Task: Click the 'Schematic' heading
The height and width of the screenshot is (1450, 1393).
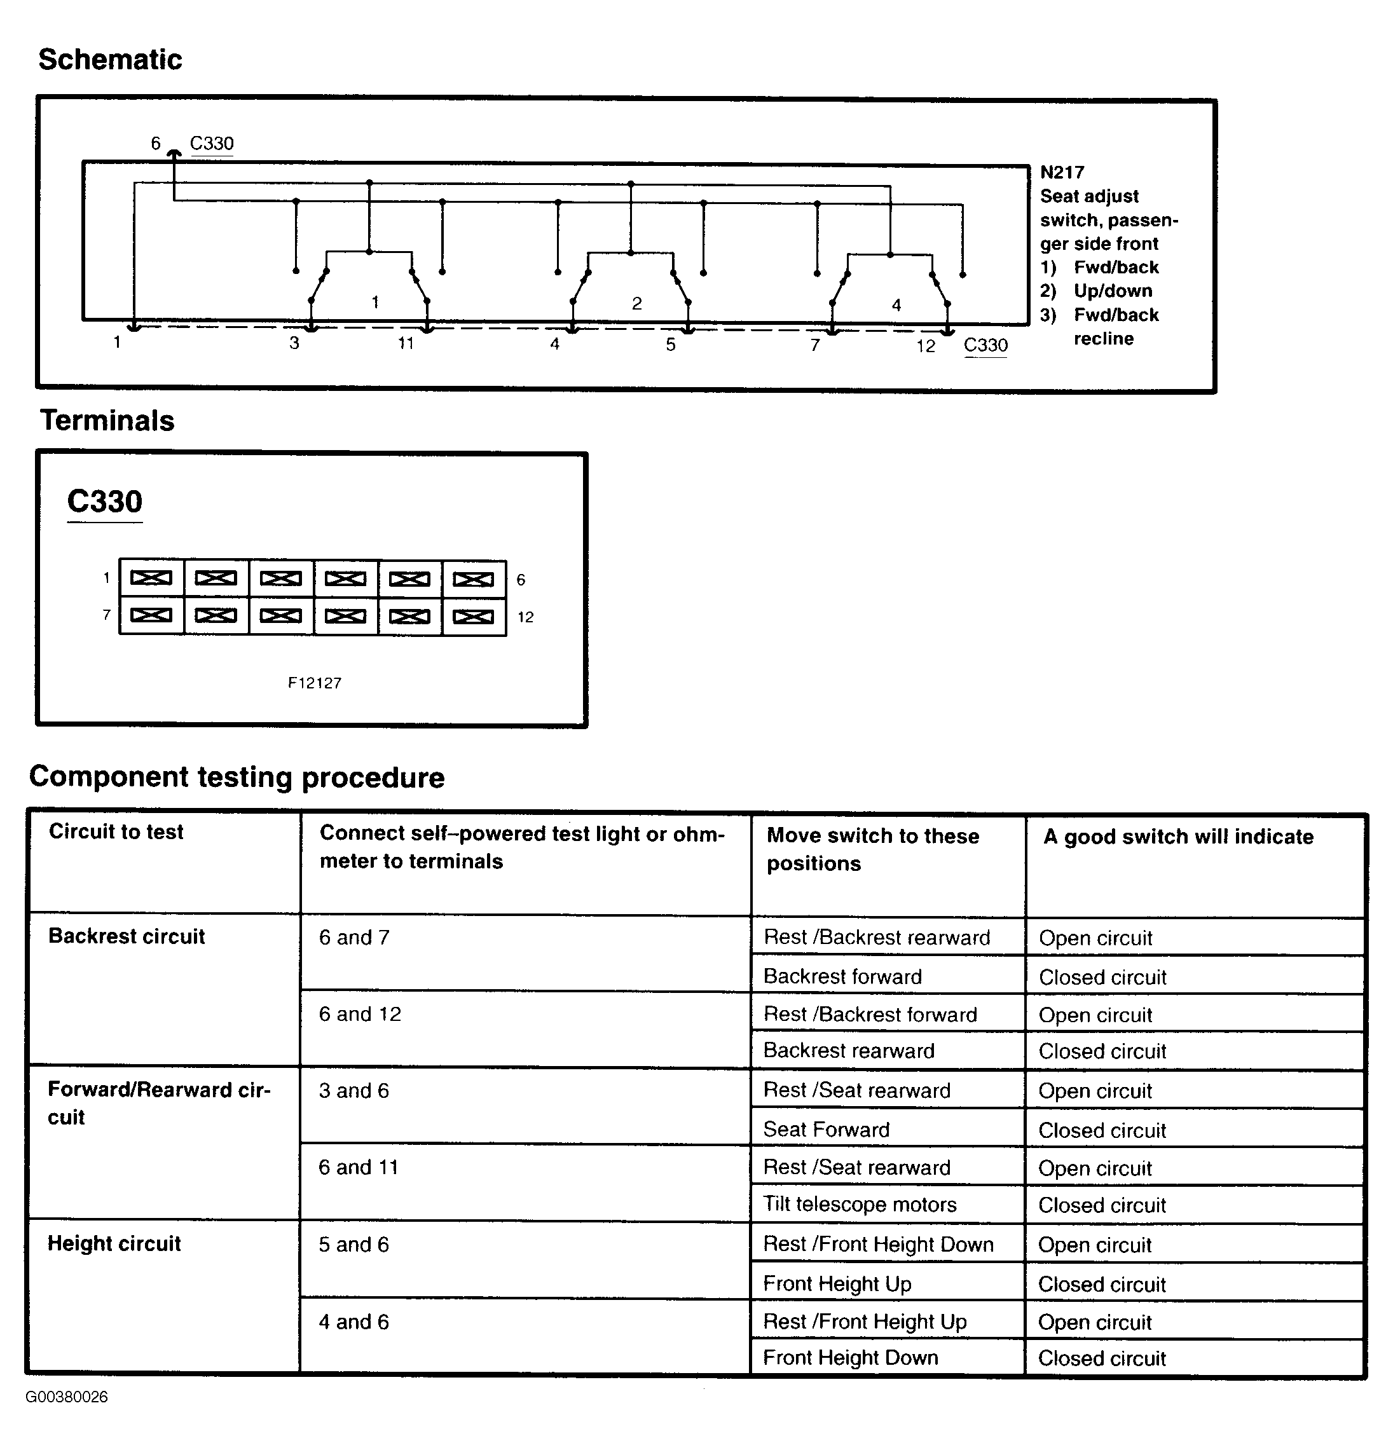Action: [x=110, y=60]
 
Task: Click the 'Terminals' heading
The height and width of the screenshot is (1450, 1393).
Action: [x=107, y=421]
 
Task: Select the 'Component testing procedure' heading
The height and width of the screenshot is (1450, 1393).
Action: [x=237, y=777]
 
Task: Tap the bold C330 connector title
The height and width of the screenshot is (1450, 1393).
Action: [x=104, y=502]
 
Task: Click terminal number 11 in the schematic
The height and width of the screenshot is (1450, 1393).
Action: [x=406, y=343]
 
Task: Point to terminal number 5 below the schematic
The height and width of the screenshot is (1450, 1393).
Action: [x=670, y=345]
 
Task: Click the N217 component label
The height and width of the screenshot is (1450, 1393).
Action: [x=1062, y=172]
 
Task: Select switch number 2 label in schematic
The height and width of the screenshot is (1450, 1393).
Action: [x=636, y=303]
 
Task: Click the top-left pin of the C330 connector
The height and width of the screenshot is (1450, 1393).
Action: [x=151, y=578]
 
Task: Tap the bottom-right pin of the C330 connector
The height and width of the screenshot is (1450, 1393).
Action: [x=474, y=616]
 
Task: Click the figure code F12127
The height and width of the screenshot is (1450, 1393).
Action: [x=315, y=683]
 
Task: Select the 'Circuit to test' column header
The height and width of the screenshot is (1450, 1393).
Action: [x=116, y=832]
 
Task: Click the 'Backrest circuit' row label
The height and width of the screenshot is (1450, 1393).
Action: [x=127, y=936]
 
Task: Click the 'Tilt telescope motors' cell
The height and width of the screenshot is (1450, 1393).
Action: [x=860, y=1205]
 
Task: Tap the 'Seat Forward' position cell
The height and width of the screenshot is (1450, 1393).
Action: [x=827, y=1130]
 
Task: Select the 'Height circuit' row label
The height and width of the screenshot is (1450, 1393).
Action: [x=114, y=1243]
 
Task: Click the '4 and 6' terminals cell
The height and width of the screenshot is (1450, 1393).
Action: [x=353, y=1322]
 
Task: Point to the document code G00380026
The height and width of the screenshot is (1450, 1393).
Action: [x=67, y=1397]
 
